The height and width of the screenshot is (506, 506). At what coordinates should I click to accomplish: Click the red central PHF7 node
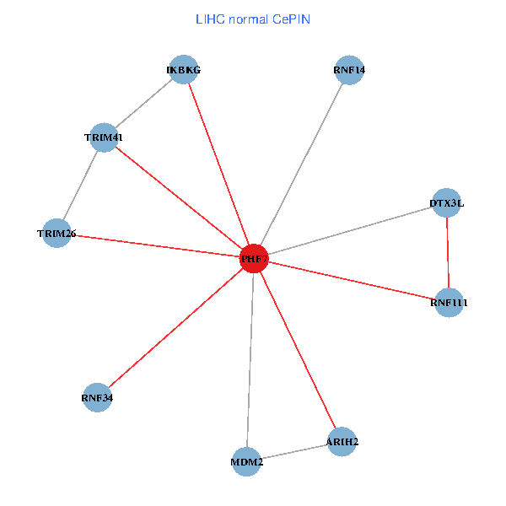point(254,259)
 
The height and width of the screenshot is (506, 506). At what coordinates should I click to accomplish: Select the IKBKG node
point(183,69)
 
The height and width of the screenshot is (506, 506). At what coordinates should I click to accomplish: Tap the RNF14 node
point(348,69)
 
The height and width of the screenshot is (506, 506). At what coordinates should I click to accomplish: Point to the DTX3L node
point(446,202)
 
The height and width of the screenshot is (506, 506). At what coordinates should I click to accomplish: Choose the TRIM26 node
point(57,233)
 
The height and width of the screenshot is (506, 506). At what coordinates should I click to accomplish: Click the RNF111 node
point(449,302)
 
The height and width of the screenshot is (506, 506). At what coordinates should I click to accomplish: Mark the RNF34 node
point(97,396)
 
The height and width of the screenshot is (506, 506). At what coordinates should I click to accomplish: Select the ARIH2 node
point(342,441)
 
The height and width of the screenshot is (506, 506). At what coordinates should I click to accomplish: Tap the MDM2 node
point(246,461)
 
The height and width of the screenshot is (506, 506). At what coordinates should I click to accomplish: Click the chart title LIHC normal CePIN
point(252,19)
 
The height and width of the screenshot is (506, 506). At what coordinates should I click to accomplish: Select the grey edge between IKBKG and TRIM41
point(143,103)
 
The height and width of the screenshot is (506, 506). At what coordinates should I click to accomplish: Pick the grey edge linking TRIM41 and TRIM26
point(80,185)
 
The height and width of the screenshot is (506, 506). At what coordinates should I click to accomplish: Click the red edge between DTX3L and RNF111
point(447,252)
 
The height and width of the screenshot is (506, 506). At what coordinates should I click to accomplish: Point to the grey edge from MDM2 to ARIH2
point(293,451)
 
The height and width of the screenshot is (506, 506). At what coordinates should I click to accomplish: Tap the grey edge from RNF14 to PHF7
point(301,164)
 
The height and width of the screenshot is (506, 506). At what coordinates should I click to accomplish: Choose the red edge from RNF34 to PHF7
point(175,327)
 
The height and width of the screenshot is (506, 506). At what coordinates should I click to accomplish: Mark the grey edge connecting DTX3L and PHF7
point(350,230)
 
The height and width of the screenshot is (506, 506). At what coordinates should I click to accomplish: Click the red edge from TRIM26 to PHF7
point(155,245)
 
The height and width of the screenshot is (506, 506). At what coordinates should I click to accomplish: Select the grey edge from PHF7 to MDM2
point(250,360)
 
